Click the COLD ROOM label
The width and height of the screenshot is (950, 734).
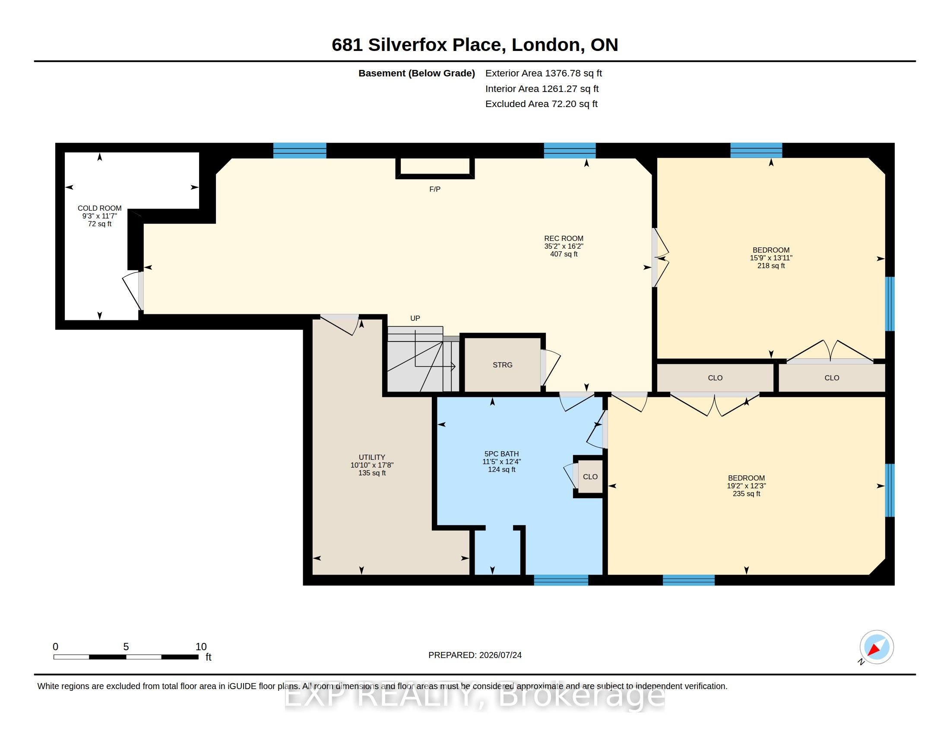click(x=100, y=208)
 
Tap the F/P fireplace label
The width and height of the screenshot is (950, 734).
click(x=435, y=189)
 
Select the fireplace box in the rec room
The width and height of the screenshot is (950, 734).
click(x=435, y=169)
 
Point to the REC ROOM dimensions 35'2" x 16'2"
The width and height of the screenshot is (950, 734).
click(x=564, y=246)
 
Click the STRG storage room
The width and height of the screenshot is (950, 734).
click(x=502, y=365)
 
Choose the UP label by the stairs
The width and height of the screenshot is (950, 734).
click(x=415, y=318)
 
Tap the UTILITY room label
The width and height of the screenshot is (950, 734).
click(x=372, y=457)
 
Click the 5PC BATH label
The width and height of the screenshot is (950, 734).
click(x=501, y=454)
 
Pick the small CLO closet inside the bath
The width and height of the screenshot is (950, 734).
click(x=590, y=477)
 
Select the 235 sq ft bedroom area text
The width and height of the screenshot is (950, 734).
click(x=747, y=494)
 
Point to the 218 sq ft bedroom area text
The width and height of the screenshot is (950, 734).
click(x=771, y=266)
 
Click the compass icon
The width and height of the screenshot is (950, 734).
click(x=877, y=647)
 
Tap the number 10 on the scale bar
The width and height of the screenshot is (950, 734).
click(x=201, y=647)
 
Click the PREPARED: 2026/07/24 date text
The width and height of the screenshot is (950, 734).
click(x=475, y=655)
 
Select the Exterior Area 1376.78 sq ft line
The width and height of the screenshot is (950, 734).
click(x=544, y=73)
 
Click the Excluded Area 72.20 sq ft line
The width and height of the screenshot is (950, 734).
click(x=541, y=104)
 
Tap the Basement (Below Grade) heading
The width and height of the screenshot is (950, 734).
click(x=417, y=73)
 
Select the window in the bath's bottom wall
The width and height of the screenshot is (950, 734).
click(x=561, y=580)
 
